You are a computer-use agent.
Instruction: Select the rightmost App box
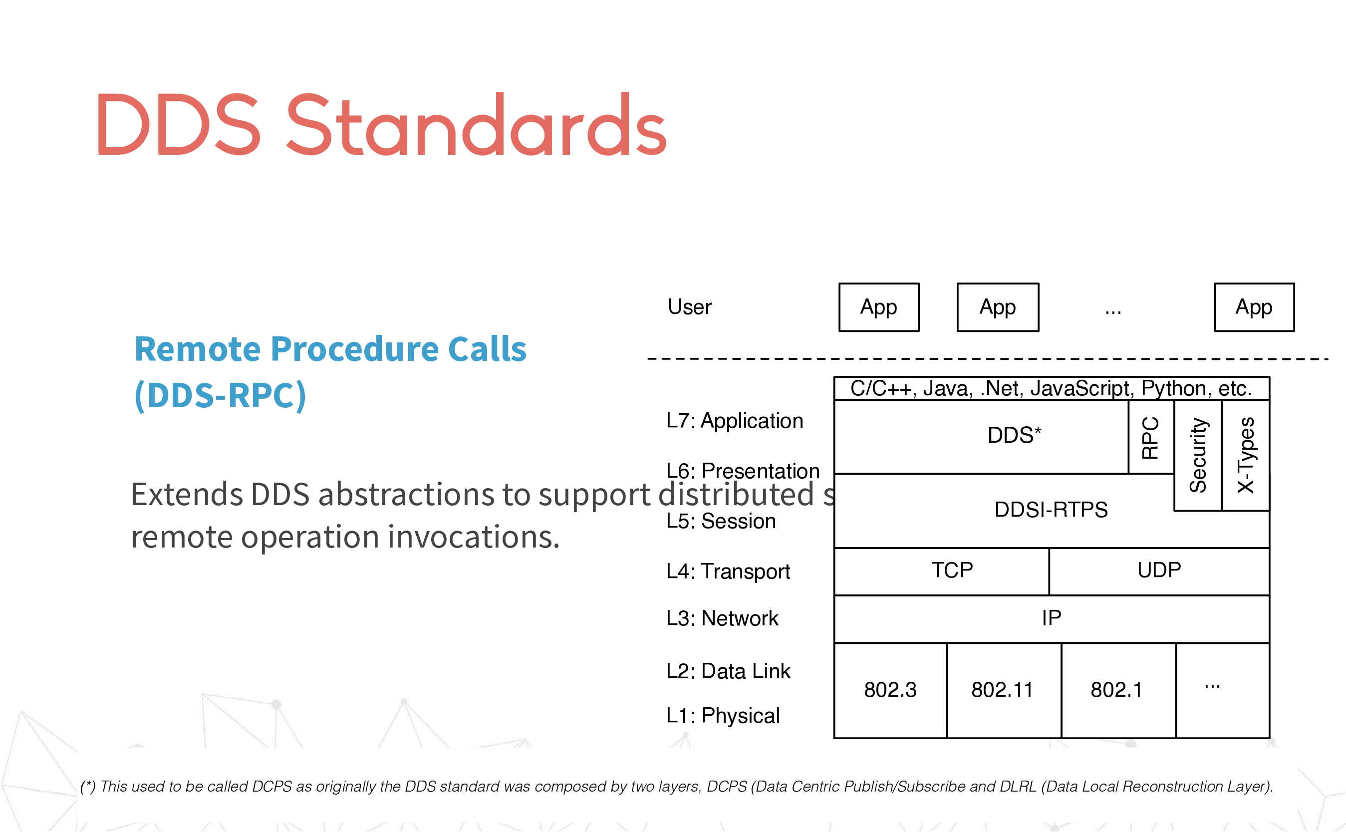click(1254, 307)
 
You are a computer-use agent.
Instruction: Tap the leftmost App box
click(878, 307)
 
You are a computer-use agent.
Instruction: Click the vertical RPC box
click(1151, 437)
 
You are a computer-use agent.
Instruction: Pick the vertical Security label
click(1198, 455)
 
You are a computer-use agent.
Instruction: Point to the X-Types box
click(1245, 455)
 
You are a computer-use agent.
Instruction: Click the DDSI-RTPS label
click(1051, 510)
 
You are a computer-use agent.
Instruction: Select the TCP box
click(941, 571)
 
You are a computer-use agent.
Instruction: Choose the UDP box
click(1159, 571)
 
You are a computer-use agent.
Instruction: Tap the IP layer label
click(1051, 618)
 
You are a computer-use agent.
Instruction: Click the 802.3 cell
click(890, 690)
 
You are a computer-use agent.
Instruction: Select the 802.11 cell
click(1004, 690)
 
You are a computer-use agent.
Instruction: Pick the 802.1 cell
click(1118, 690)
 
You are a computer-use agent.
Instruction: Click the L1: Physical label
click(723, 716)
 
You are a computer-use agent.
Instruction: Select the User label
click(689, 307)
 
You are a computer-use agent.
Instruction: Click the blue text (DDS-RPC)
click(220, 396)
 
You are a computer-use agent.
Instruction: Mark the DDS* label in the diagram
click(1014, 435)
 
